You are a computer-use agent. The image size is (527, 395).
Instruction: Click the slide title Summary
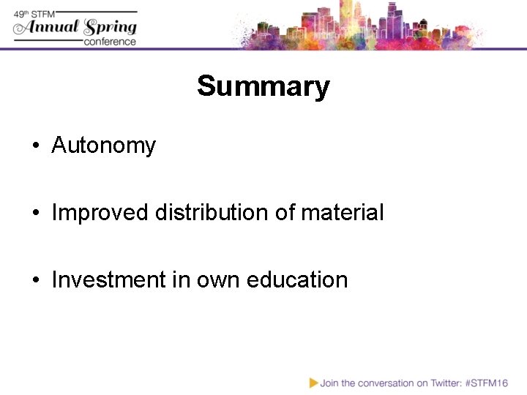click(263, 86)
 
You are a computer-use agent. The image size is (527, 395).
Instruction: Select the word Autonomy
click(103, 146)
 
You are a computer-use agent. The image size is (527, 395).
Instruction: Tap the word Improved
click(100, 213)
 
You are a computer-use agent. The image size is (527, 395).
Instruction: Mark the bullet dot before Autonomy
click(35, 146)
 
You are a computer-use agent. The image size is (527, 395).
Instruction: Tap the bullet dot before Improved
click(35, 214)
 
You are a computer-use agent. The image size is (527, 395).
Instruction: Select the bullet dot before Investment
click(35, 281)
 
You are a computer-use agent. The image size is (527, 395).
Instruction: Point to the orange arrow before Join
click(313, 383)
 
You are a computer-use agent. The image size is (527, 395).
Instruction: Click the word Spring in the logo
click(110, 28)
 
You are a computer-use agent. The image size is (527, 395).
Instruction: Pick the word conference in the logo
click(110, 41)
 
